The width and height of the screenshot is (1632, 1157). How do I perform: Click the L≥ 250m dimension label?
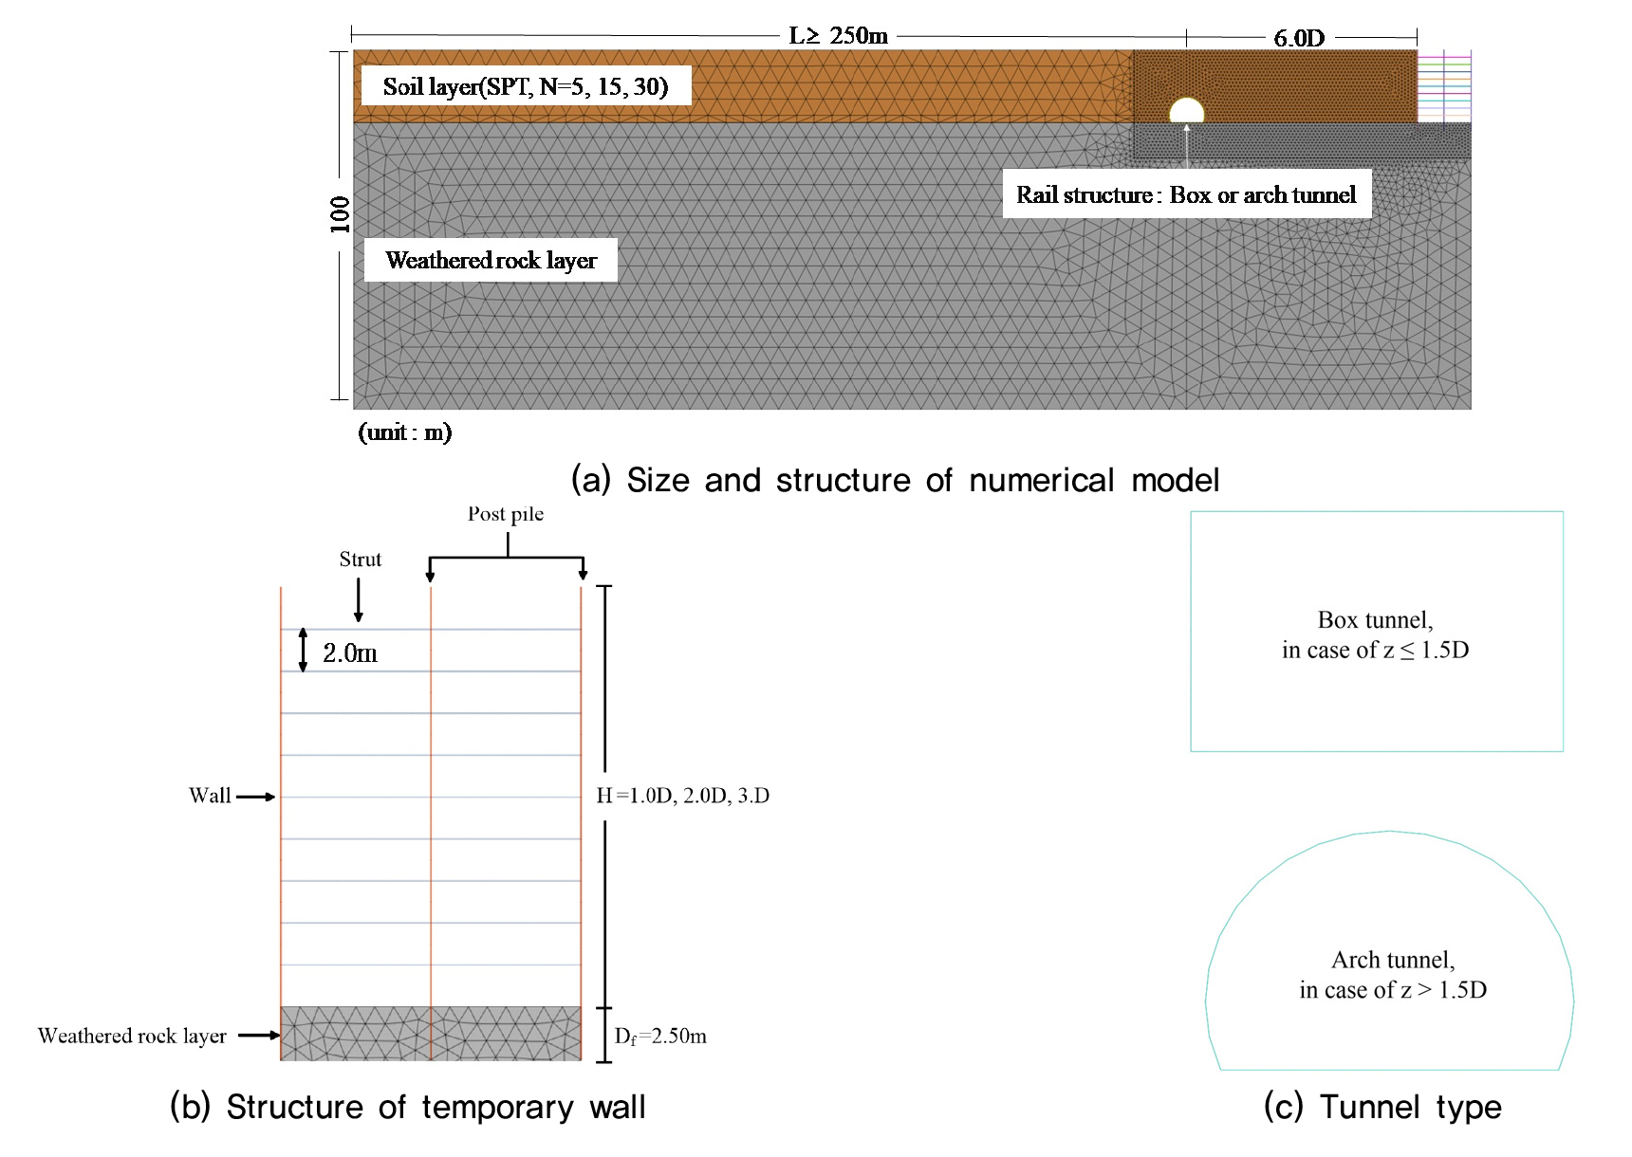pos(838,36)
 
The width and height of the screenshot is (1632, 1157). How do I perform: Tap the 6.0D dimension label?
pos(1299,38)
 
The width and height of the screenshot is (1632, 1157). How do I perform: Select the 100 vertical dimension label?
pos(340,215)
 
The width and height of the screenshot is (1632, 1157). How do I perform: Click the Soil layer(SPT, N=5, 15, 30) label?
pos(526,86)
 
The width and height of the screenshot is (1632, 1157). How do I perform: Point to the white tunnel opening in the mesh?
pos(1186,111)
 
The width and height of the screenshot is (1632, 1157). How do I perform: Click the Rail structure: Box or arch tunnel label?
pos(1186,194)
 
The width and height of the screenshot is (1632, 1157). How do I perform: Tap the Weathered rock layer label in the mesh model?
pos(491,260)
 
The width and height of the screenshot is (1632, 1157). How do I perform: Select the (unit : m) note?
pos(405,432)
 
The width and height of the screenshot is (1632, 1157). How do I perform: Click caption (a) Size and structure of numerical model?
pos(895,480)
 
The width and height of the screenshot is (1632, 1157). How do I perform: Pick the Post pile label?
pos(506,514)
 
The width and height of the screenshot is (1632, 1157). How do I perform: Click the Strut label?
pos(360,560)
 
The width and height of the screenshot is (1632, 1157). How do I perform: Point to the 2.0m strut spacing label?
pos(350,652)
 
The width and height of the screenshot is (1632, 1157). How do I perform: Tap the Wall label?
pos(210,796)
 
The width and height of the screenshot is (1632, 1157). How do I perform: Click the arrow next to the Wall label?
pos(255,797)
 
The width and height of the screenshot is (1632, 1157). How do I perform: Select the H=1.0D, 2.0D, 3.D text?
pos(682,796)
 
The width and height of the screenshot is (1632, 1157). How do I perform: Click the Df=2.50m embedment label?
pos(660,1037)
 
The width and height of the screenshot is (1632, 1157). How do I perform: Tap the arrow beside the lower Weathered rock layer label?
pos(258,1036)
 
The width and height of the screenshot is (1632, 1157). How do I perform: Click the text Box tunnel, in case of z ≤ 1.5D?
pos(1375,634)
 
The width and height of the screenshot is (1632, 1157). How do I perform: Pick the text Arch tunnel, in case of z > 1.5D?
pos(1393,975)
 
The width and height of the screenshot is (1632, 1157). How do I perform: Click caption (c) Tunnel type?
pos(1382,1107)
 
